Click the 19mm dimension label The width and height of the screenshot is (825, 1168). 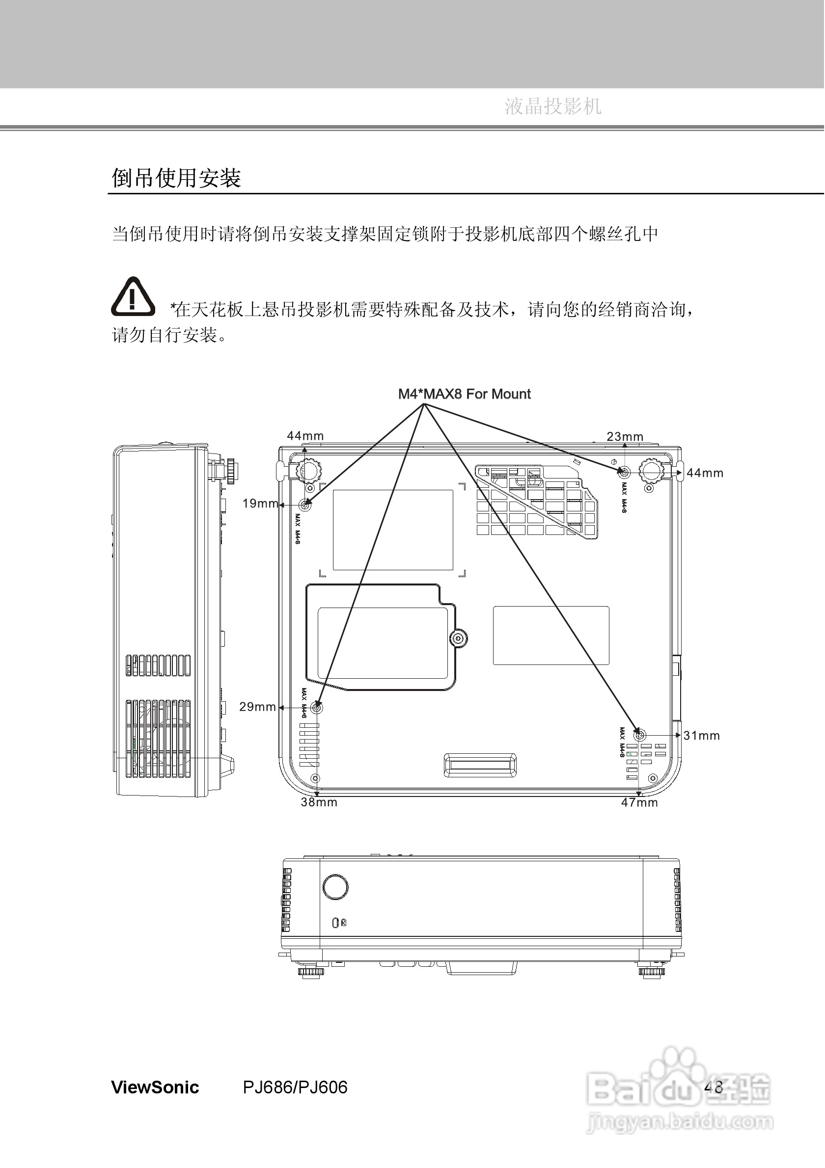point(260,504)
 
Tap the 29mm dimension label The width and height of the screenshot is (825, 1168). point(257,707)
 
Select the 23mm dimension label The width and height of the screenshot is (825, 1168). point(625,436)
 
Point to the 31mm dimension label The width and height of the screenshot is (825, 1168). point(701,735)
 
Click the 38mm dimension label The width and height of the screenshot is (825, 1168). point(319,802)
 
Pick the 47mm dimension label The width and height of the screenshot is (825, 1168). point(639,802)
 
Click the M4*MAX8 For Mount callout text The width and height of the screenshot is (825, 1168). point(464,394)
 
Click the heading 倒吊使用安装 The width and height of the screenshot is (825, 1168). point(176,178)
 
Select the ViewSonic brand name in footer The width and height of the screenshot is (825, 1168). point(155,1087)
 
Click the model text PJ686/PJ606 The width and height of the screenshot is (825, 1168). point(295,1087)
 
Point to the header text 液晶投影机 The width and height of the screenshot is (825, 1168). point(553,106)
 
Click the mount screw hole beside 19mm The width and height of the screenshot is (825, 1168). point(305,505)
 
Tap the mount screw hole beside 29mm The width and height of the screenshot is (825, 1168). point(317,708)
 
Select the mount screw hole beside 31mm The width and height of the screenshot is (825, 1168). point(640,735)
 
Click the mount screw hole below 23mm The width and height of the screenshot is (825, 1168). point(624,472)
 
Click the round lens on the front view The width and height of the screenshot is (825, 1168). point(335,887)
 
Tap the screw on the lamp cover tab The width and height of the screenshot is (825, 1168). point(459,638)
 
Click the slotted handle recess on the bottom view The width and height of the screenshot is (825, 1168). point(480,765)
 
